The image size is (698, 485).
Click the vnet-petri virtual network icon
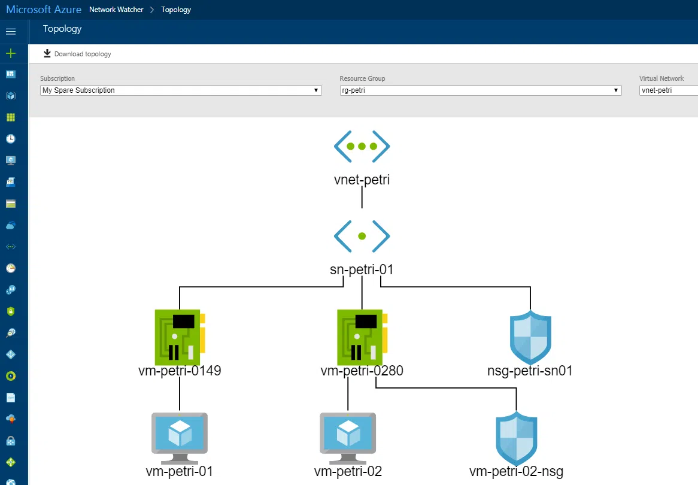pyautogui.click(x=362, y=147)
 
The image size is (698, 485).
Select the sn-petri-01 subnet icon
pyautogui.click(x=362, y=236)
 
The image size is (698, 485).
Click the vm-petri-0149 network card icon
pyautogui.click(x=180, y=337)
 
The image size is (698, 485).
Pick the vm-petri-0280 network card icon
pyautogui.click(x=362, y=337)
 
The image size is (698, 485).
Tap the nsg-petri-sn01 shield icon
pyautogui.click(x=530, y=338)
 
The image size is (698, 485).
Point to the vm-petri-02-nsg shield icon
pyautogui.click(x=517, y=438)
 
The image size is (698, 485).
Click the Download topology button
pyautogui.click(x=77, y=54)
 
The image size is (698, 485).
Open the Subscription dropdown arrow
pyautogui.click(x=316, y=90)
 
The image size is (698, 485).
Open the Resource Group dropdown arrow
pyautogui.click(x=616, y=90)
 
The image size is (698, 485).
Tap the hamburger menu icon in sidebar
pyautogui.click(x=11, y=31)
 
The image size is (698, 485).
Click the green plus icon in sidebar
pyautogui.click(x=11, y=53)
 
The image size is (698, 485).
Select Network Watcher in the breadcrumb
pyautogui.click(x=116, y=10)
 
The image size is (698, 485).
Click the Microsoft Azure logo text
pyautogui.click(x=44, y=10)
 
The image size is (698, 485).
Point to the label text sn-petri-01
pyautogui.click(x=362, y=269)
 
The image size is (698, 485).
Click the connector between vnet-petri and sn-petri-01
pyautogui.click(x=362, y=198)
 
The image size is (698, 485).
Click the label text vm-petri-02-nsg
pyautogui.click(x=517, y=471)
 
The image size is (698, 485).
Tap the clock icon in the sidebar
pyautogui.click(x=11, y=139)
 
